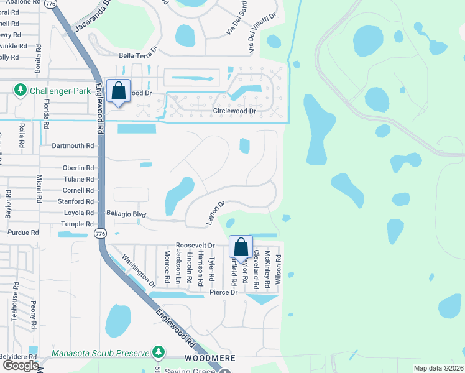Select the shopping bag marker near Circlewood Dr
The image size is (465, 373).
(x=118, y=91)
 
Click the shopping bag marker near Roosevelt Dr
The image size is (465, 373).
(x=241, y=247)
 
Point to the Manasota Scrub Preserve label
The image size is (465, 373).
(x=101, y=353)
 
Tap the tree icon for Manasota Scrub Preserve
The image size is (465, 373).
(x=159, y=352)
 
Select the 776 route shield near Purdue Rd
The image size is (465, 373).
(x=100, y=233)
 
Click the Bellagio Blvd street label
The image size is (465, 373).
(x=126, y=214)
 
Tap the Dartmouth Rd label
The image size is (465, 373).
(x=73, y=146)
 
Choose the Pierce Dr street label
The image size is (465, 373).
(x=223, y=292)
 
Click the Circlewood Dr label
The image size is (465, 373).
(x=234, y=111)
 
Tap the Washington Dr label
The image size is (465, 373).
(x=139, y=271)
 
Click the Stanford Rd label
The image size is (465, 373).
(x=75, y=201)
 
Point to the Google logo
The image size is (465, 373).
(x=21, y=365)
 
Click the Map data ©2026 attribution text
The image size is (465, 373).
(x=438, y=368)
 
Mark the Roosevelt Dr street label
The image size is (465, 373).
(x=195, y=246)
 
